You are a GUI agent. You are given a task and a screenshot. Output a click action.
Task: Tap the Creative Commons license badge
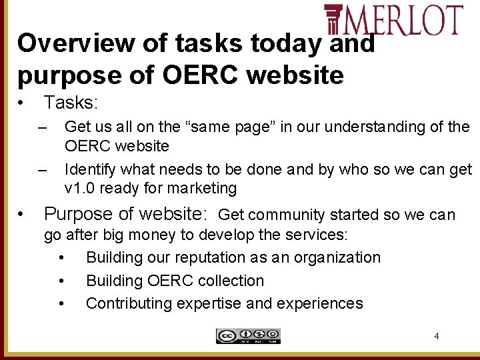point(248,336)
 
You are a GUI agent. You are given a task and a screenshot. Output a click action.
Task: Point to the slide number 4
point(437,336)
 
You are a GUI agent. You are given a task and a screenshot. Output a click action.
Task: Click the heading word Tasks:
point(71,103)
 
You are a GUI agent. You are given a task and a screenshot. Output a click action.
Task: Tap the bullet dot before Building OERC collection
point(62,281)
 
